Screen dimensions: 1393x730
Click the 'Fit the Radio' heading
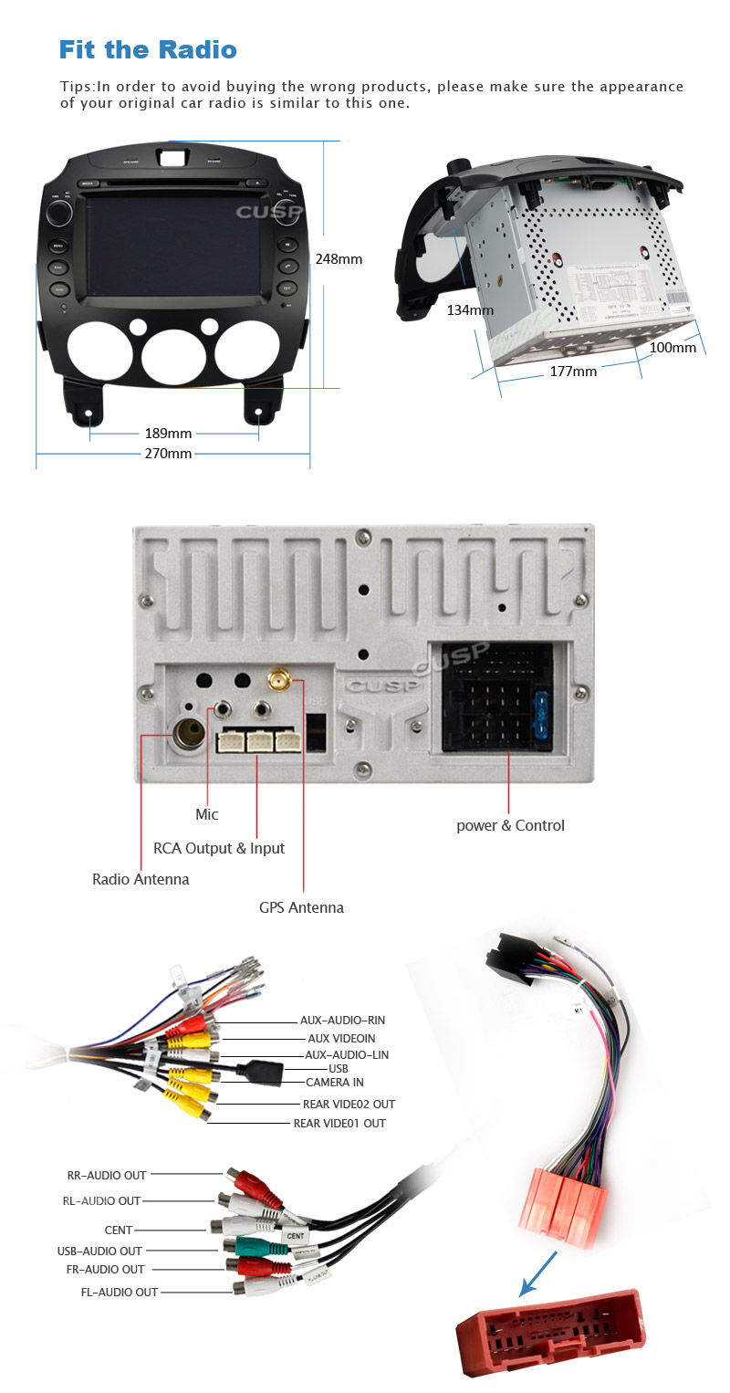148,49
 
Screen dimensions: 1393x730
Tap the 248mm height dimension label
339,259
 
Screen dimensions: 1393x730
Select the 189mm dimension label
168,434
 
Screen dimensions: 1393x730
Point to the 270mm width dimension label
168,454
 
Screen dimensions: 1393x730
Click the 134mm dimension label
470,310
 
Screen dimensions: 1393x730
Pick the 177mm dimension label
573,372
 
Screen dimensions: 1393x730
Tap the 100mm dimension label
673,348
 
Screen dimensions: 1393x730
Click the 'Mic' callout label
207,814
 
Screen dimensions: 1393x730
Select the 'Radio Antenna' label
141,880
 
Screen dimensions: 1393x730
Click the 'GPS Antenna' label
301,907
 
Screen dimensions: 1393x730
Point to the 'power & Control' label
510,826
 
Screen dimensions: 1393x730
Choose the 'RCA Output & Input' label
219,848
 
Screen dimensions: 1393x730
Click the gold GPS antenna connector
278,680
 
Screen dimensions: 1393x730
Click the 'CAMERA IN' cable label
334,1083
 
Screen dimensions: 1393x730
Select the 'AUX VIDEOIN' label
341,1039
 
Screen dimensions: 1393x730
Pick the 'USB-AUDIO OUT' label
99,1252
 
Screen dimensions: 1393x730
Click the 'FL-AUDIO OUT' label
119,1293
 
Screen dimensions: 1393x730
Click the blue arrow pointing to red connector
538,1274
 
